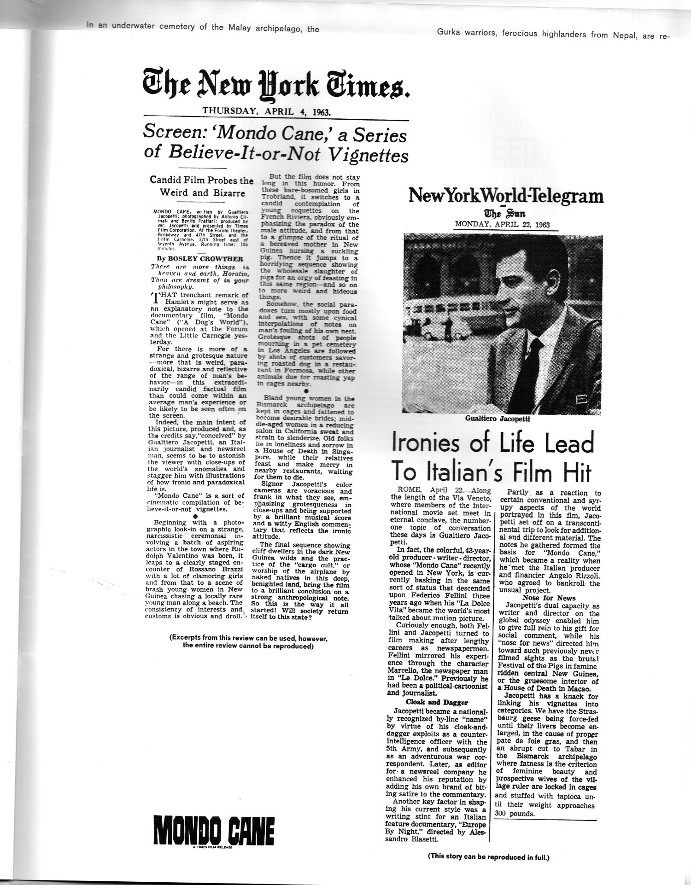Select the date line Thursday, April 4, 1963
click(267, 111)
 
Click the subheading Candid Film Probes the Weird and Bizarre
click(201, 186)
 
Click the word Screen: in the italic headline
click(176, 133)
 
